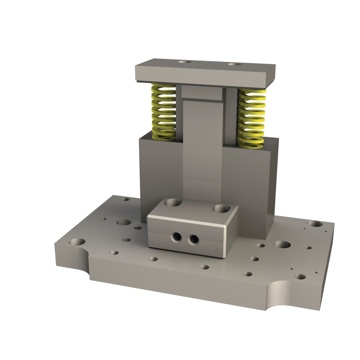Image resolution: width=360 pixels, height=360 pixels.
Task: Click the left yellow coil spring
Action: pos(163,112)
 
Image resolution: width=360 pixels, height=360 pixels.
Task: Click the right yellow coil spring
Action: pos(251,118)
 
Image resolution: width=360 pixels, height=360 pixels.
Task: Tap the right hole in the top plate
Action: pos(235,64)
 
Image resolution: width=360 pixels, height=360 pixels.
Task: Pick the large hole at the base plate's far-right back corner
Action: pos(315,223)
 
